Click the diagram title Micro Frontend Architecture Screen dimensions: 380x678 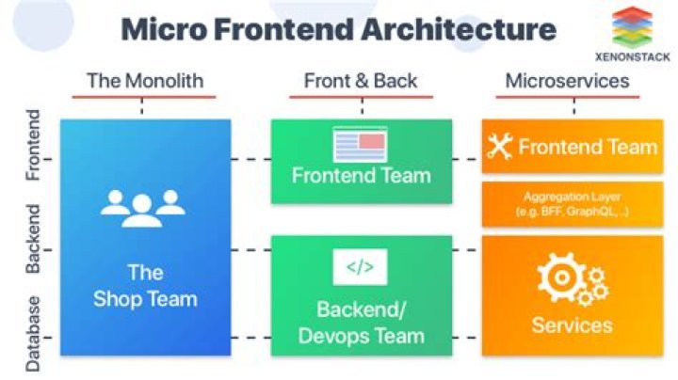click(x=338, y=29)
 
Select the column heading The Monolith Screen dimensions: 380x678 click(x=144, y=80)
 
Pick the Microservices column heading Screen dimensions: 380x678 click(x=567, y=80)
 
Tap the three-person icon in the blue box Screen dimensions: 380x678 click(x=144, y=206)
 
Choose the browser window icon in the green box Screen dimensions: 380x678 click(x=360, y=144)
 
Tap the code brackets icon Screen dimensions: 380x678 click(x=360, y=267)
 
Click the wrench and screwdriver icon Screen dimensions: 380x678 click(x=499, y=146)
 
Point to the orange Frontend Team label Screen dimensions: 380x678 click(x=587, y=147)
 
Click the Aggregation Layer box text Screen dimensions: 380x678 click(x=572, y=204)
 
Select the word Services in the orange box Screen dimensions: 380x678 click(x=572, y=325)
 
